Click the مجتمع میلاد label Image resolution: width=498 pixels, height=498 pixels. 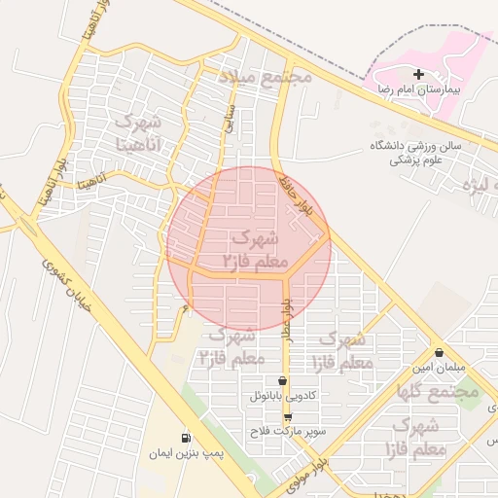[265, 76]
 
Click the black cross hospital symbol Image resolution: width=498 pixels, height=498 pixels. [419, 74]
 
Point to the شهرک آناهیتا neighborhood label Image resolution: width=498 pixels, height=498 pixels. [138, 134]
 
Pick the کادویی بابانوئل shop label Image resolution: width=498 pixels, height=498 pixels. [282, 396]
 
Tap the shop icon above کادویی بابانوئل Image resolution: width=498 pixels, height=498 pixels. [283, 380]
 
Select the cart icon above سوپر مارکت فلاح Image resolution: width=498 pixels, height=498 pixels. [287, 416]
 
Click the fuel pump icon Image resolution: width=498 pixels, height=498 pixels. [186, 438]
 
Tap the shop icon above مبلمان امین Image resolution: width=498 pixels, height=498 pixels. [440, 352]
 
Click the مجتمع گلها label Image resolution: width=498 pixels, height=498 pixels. [445, 390]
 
